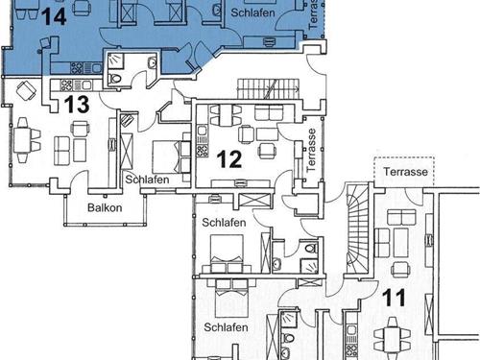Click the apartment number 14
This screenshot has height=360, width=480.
(x=54, y=16)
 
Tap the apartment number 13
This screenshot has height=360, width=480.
(x=77, y=105)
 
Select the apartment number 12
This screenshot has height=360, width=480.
(x=229, y=159)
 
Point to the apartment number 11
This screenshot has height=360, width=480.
(x=395, y=298)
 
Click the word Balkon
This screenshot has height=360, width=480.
(x=105, y=207)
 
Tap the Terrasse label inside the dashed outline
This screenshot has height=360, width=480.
(x=405, y=172)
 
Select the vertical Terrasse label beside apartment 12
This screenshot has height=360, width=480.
(x=311, y=150)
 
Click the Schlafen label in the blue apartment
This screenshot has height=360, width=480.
(x=252, y=12)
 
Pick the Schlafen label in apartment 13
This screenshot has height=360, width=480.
(x=147, y=180)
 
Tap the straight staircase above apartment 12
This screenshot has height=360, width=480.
(x=268, y=89)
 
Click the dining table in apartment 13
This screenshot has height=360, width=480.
(x=21, y=141)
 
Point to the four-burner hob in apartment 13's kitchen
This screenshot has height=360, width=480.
(x=66, y=85)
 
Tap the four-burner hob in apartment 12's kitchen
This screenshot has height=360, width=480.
(x=202, y=151)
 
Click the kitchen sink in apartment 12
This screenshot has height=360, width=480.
(x=202, y=131)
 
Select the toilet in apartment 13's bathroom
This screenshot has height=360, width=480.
(x=114, y=79)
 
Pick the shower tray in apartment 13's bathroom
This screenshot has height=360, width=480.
(x=115, y=60)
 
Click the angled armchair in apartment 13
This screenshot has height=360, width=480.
(x=26, y=91)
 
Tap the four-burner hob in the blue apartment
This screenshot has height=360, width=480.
(x=77, y=68)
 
